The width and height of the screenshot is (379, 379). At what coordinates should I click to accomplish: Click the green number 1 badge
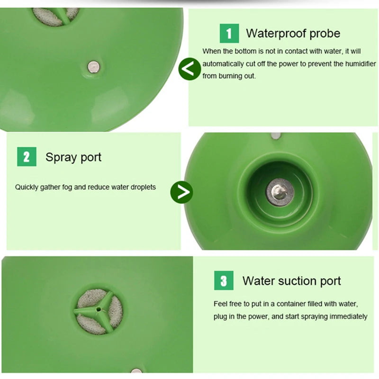pyautogui.click(x=229, y=33)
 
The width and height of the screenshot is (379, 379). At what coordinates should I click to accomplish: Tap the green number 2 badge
pyautogui.click(x=27, y=157)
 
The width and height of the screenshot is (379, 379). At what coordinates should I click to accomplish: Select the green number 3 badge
pyautogui.click(x=224, y=280)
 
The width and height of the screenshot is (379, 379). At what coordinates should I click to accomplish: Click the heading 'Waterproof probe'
pyautogui.click(x=293, y=33)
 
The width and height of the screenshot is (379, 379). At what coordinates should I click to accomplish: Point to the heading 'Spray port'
pyautogui.click(x=73, y=158)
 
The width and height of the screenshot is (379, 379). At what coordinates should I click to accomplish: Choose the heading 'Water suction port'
pyautogui.click(x=291, y=281)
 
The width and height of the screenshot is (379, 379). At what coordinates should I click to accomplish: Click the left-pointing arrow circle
pyautogui.click(x=189, y=69)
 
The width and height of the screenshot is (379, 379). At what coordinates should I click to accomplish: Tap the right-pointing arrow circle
pyautogui.click(x=181, y=192)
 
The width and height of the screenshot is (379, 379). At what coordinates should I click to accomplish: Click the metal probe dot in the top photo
pyautogui.click(x=93, y=67)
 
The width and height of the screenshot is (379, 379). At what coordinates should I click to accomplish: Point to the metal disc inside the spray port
pyautogui.click(x=280, y=192)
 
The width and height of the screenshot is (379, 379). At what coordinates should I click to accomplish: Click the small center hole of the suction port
pyautogui.click(x=99, y=309)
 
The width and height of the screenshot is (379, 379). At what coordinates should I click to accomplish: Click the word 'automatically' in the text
pyautogui.click(x=220, y=64)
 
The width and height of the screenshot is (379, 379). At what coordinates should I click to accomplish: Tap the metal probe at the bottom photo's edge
pyautogui.click(x=136, y=370)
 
